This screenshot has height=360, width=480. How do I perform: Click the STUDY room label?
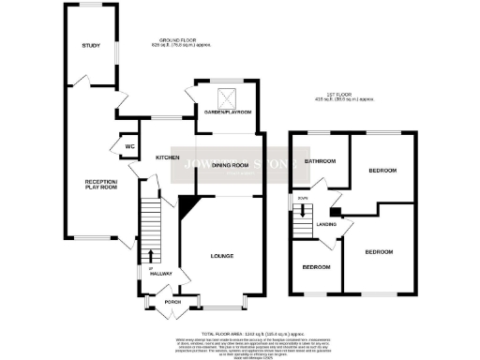(91, 46)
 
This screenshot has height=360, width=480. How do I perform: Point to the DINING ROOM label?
(229, 165)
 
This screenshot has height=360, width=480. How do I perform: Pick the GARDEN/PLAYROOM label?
(230, 112)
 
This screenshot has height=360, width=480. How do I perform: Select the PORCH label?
(172, 302)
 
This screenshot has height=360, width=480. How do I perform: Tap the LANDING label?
(326, 224)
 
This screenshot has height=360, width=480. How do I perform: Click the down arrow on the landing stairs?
(304, 214)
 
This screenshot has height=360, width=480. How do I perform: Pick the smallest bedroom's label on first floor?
(315, 267)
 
